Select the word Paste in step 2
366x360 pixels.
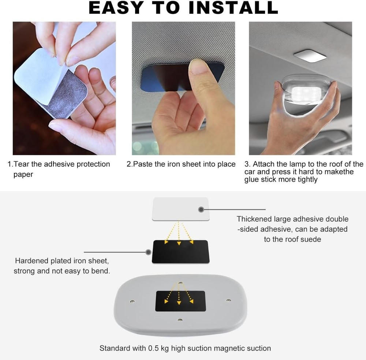click(143, 164)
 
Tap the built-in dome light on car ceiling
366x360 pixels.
click(310, 56)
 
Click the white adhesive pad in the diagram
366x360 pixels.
click(180, 209)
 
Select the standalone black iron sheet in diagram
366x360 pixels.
click(180, 252)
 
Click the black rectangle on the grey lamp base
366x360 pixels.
click(180, 301)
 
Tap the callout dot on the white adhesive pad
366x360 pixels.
click(201, 210)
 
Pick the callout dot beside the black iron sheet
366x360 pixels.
click(148, 252)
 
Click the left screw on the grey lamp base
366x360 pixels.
click(132, 301)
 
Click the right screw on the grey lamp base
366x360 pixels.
click(228, 300)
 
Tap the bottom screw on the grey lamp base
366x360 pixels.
click(180, 320)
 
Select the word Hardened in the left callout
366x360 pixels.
click(32, 261)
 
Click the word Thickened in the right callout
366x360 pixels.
click(254, 219)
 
